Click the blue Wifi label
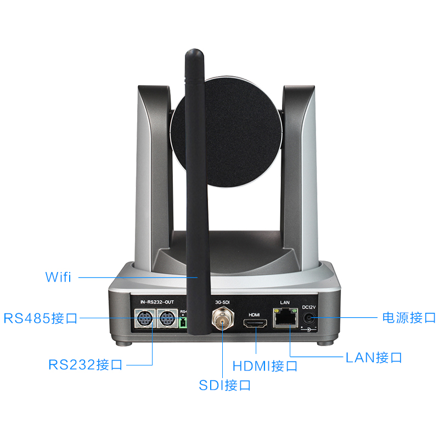(x=58, y=277)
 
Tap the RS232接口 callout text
(x=85, y=364)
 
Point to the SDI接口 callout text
(x=225, y=385)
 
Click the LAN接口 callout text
(x=374, y=358)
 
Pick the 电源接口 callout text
(x=409, y=317)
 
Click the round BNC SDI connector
(x=223, y=319)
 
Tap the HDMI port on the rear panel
(x=256, y=325)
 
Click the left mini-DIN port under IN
(x=145, y=318)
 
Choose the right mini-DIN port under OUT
(x=166, y=318)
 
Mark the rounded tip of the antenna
(x=193, y=53)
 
